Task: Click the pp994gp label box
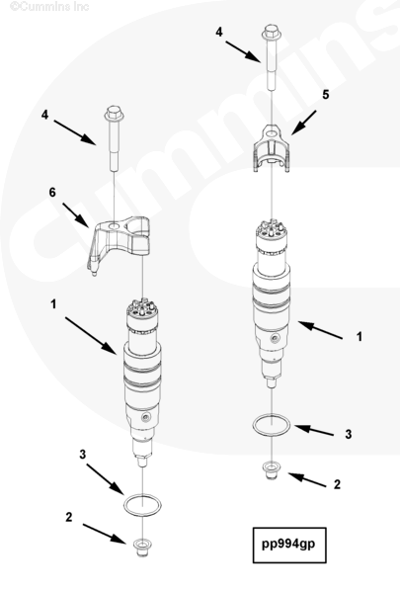coord(289,545)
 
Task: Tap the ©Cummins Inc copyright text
coord(49,6)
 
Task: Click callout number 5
coord(326,95)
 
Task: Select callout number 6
coord(52,193)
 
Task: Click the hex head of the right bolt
coord(271,32)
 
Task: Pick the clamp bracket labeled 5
coord(271,149)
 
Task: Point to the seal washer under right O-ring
coord(271,469)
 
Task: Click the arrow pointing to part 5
coord(303,123)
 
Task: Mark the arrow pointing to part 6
coord(76,215)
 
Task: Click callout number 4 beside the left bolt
coord(45,115)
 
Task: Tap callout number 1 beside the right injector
coord(360,336)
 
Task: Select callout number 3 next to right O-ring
coord(349,434)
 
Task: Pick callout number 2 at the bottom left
coord(68,517)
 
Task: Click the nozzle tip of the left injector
coord(142,462)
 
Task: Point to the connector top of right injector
coord(271,229)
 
